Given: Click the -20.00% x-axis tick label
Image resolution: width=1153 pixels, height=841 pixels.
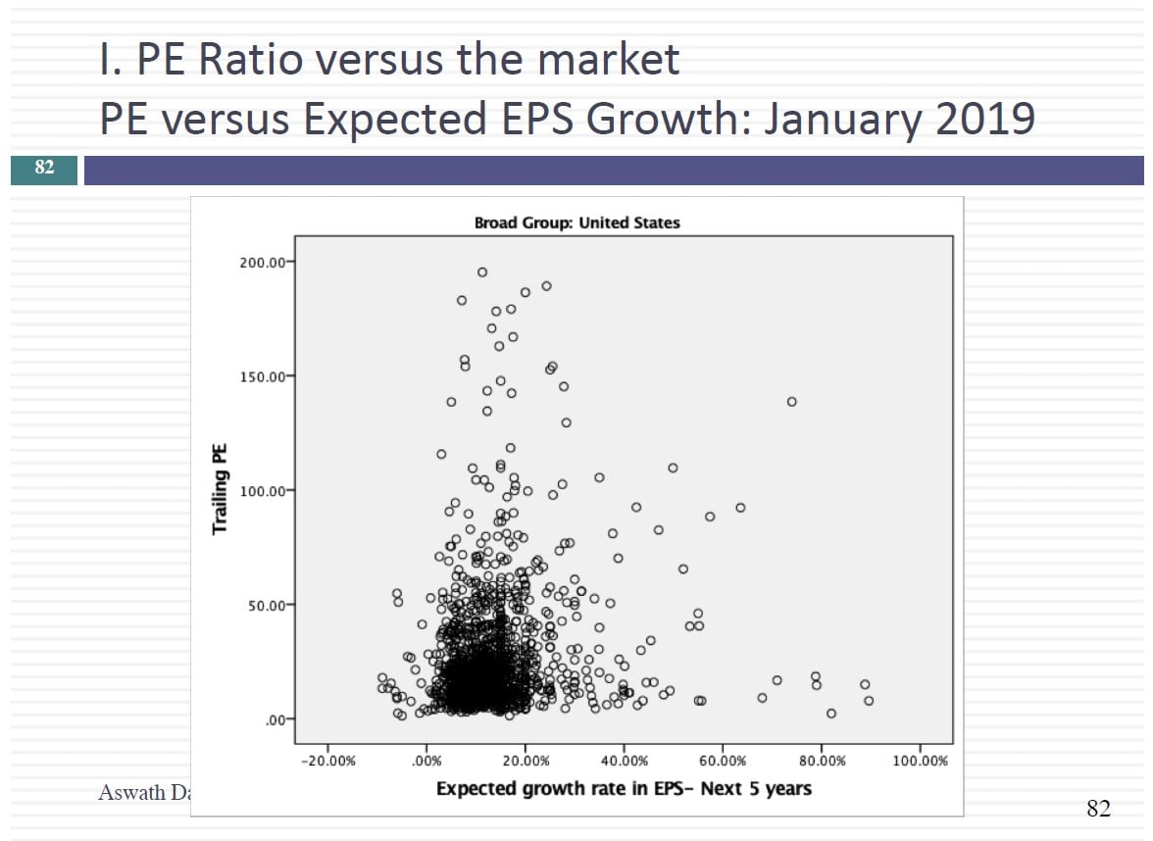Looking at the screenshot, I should click(x=327, y=761).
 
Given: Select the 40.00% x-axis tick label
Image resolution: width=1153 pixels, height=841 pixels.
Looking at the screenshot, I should click(x=625, y=761).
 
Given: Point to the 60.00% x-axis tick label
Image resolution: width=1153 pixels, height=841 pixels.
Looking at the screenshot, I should click(x=723, y=761).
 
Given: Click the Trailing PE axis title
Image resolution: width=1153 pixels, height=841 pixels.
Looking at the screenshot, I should click(x=221, y=488).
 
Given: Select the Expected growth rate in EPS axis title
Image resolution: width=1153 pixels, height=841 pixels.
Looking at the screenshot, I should click(x=624, y=788).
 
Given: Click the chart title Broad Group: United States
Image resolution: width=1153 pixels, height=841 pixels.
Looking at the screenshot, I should click(x=576, y=223).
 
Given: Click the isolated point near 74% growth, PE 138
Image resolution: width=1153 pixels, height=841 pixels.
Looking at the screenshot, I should click(x=791, y=402).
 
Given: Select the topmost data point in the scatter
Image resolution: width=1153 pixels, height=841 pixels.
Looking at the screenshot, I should click(x=482, y=272).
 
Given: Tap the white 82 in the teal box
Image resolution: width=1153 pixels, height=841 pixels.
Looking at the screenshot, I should click(x=44, y=168).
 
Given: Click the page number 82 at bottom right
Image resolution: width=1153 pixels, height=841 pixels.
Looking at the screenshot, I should click(x=1098, y=809).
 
